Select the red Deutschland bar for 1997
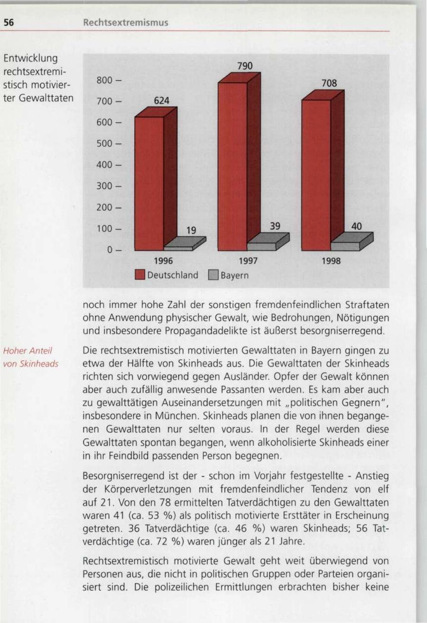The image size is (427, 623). point(232,166)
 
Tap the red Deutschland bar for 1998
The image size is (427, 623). point(316,175)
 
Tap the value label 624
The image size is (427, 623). point(161,101)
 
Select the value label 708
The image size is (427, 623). point(329,84)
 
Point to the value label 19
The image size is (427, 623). point(191,230)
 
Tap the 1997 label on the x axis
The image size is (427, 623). point(247,261)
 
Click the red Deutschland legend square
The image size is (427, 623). point(139,275)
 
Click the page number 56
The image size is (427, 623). point(9,22)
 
